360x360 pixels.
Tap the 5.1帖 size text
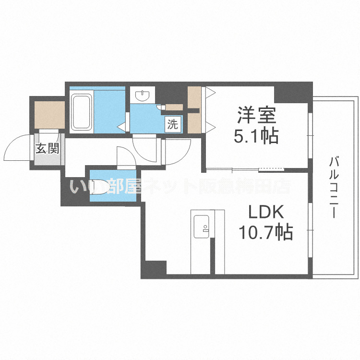click(x=256, y=137)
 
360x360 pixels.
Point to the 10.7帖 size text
click(x=266, y=233)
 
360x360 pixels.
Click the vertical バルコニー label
click(x=332, y=188)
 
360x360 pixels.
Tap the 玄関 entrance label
click(x=47, y=148)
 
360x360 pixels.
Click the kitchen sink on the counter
click(x=200, y=226)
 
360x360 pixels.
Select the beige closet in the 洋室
click(x=194, y=110)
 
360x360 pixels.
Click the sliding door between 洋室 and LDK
click(x=245, y=169)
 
